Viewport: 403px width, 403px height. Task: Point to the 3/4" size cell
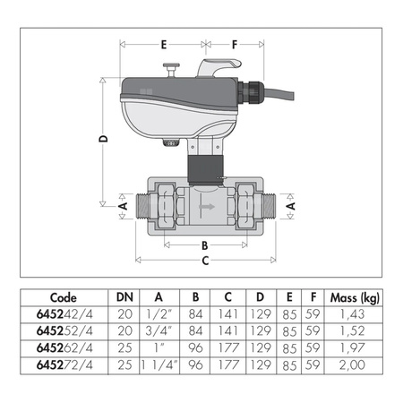pos(159,331)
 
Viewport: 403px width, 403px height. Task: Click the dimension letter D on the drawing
pos(104,140)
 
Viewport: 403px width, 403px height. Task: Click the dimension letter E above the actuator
pos(163,43)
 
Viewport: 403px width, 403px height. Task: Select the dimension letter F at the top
pos(235,43)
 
